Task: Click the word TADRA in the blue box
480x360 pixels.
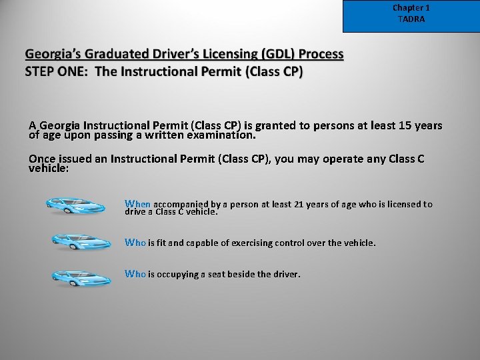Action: pyautogui.click(x=411, y=19)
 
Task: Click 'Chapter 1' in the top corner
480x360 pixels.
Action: pyautogui.click(x=411, y=8)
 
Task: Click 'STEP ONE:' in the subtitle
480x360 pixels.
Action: pyautogui.click(x=57, y=71)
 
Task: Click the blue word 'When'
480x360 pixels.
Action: pyautogui.click(x=138, y=204)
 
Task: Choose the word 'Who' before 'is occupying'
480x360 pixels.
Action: pyautogui.click(x=135, y=273)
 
